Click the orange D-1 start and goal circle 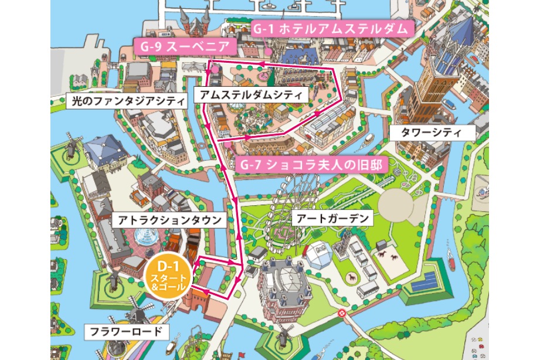click(166, 275)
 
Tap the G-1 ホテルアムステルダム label click(332, 29)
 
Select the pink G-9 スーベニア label click(185, 45)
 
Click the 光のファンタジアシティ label click(127, 101)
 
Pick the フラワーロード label click(126, 332)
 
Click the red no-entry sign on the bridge click(342, 314)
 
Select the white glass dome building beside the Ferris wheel click(319, 253)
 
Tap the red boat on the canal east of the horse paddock click(451, 257)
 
